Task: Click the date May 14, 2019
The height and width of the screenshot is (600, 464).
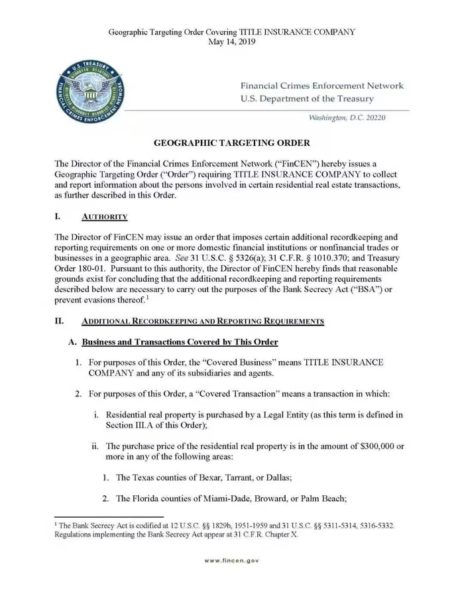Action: tap(231, 41)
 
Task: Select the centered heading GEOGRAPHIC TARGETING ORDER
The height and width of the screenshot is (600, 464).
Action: tap(231, 143)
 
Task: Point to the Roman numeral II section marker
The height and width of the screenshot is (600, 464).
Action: tap(59, 322)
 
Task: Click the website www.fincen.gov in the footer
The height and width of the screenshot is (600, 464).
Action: tap(231, 560)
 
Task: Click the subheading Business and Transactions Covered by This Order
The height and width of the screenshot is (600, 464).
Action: tap(179, 341)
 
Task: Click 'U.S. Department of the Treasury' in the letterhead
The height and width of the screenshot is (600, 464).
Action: tap(307, 99)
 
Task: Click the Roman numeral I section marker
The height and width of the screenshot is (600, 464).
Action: tap(58, 217)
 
